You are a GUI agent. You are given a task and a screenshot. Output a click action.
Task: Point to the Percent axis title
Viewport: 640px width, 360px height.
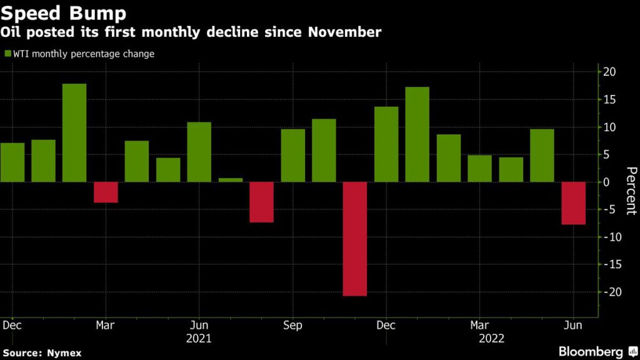pos(631,191)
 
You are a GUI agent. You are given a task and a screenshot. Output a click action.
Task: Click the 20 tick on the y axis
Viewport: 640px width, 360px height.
pos(609,72)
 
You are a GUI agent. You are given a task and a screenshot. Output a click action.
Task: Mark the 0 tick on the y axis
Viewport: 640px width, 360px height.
pos(606,182)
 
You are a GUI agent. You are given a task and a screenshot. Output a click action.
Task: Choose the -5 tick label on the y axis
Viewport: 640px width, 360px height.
pos(609,209)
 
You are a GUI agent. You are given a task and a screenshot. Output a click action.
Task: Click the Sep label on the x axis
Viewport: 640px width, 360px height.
pos(292,326)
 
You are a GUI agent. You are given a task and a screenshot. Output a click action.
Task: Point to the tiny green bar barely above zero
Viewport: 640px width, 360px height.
pos(231,180)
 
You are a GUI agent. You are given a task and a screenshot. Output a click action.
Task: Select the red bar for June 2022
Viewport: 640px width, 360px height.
pos(573,203)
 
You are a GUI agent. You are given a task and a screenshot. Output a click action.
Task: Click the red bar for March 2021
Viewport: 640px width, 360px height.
pos(106,192)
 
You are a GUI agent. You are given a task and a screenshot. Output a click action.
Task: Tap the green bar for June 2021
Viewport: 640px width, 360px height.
pos(199,152)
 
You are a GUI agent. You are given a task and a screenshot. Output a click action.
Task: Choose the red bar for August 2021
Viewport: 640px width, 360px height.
pos(262,202)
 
